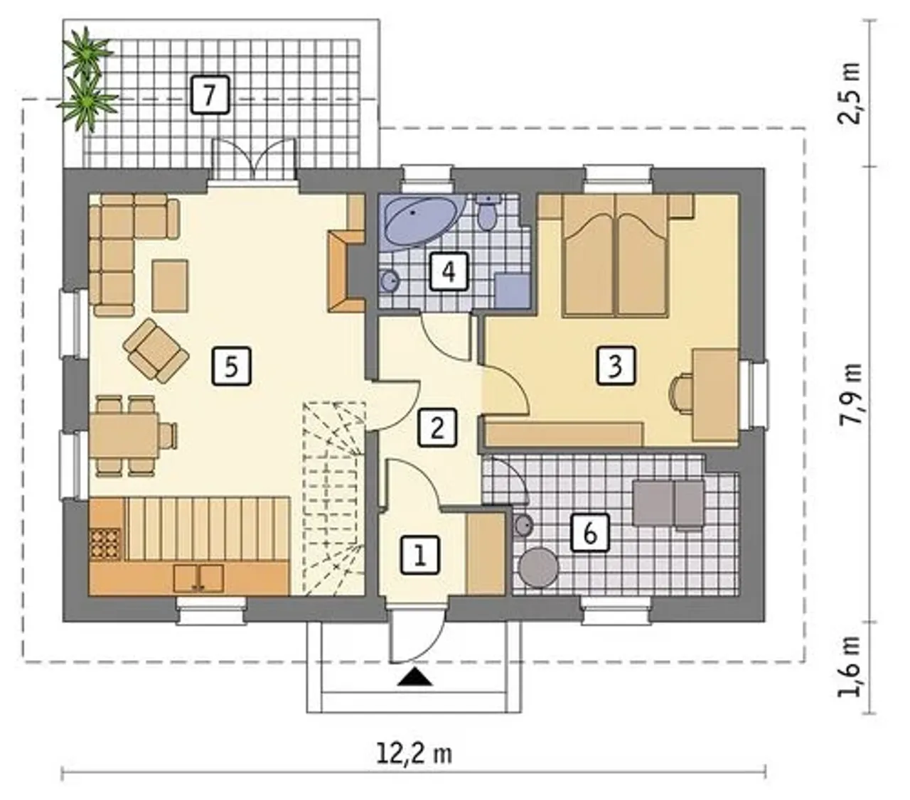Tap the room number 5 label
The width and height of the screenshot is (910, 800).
click(x=231, y=367)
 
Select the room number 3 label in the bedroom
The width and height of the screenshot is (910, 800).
click(x=616, y=365)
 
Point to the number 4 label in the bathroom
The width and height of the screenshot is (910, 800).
click(x=449, y=271)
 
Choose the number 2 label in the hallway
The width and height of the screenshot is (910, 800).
click(x=437, y=428)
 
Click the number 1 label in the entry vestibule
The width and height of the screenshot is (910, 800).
click(x=419, y=556)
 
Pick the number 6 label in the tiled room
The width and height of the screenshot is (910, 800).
click(x=590, y=533)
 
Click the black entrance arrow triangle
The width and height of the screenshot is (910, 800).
click(x=415, y=677)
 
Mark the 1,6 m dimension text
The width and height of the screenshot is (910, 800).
click(x=849, y=665)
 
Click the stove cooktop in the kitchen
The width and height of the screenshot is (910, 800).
click(x=105, y=544)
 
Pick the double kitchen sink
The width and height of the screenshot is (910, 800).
click(x=198, y=578)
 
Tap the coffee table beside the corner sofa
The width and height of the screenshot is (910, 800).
click(x=170, y=286)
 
